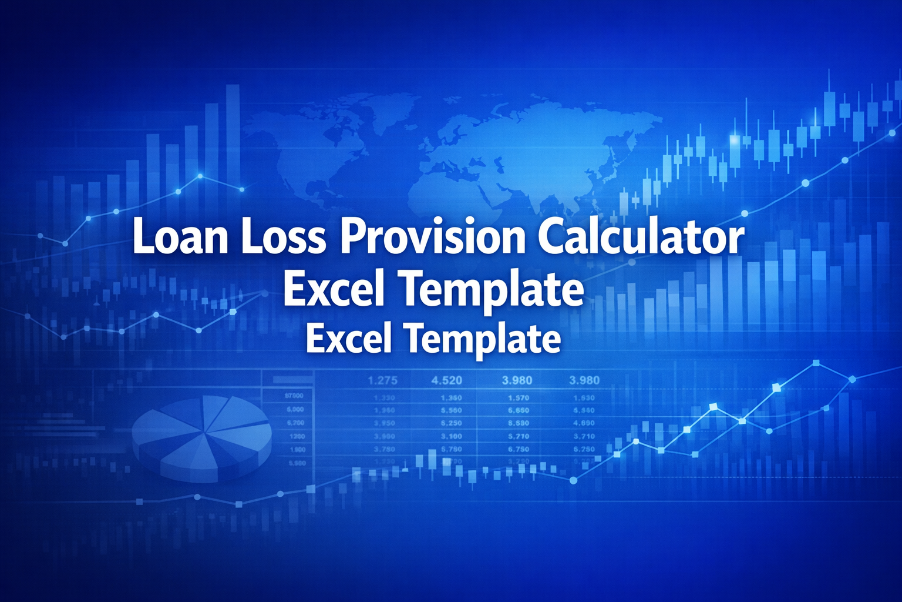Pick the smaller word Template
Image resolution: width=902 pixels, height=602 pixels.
point(483,339)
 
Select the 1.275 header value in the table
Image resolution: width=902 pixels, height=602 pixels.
point(383,380)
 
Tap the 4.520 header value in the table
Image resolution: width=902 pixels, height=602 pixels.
point(447,380)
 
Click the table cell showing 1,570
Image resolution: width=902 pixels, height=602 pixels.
point(519,398)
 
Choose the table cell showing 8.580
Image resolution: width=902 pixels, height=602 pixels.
point(519,423)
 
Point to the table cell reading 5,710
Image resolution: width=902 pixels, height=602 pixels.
point(519,436)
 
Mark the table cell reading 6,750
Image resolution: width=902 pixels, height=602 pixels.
point(519,449)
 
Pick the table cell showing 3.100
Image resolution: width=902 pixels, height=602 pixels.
point(451,436)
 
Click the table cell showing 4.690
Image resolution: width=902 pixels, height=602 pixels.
point(584,423)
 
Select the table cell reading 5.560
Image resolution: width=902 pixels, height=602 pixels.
point(451,410)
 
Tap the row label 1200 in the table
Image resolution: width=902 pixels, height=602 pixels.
point(297,436)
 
